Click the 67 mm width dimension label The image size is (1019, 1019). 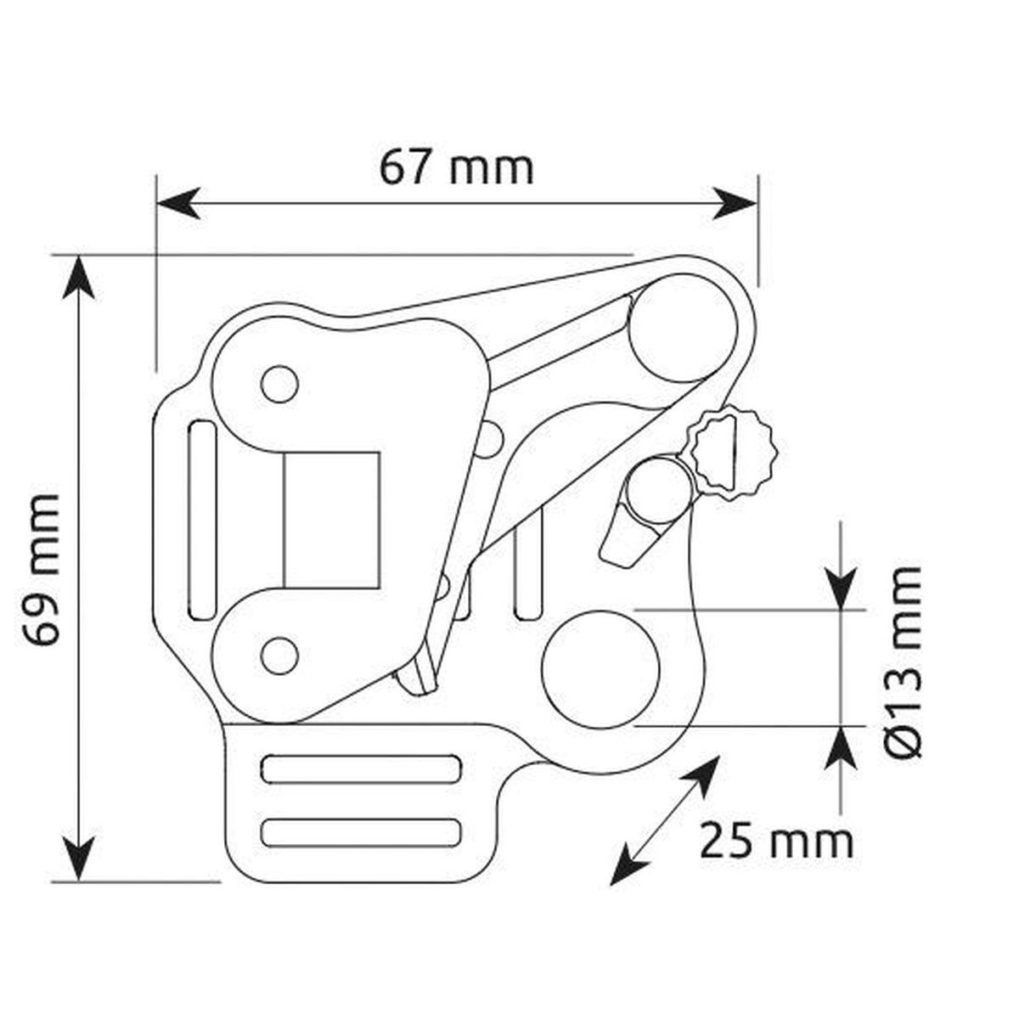tap(456, 168)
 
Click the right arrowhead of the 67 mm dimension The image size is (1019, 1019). tap(735, 203)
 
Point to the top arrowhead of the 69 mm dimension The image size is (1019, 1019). tap(79, 277)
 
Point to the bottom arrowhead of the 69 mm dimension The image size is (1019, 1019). tap(79, 860)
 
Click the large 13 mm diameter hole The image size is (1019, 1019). tap(600, 670)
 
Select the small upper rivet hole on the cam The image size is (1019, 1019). tap(279, 383)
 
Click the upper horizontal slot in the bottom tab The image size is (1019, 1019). tap(361, 769)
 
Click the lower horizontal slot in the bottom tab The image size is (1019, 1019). tap(361, 832)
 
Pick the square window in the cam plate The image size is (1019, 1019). tap(332, 521)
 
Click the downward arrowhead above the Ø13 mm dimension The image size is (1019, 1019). tap(841, 588)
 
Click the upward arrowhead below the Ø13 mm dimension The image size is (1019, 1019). tap(841, 748)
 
